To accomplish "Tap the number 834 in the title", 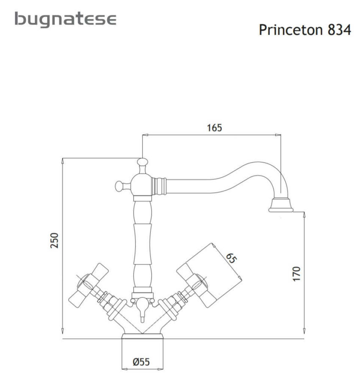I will coord(339,30).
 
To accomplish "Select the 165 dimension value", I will coord(215,128).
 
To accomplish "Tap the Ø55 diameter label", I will coord(141,362).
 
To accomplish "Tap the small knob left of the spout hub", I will coord(120,185).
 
